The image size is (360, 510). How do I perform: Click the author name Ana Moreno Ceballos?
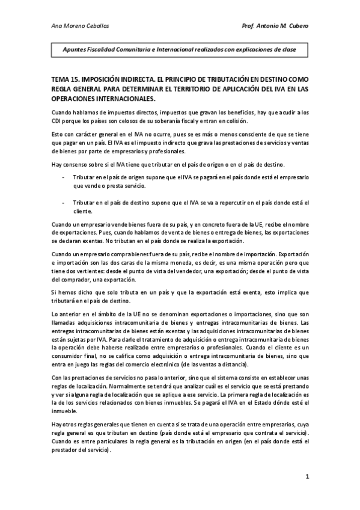point(76,25)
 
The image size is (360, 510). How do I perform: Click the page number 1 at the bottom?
point(307,477)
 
